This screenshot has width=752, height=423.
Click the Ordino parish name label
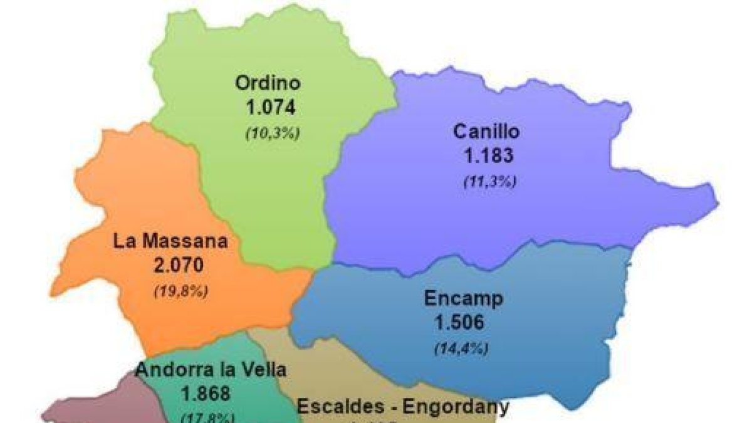pyautogui.click(x=268, y=83)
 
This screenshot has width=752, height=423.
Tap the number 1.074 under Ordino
pyautogui.click(x=270, y=107)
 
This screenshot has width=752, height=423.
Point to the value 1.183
pyautogui.click(x=488, y=156)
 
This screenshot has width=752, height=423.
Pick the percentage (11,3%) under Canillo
pyautogui.click(x=489, y=182)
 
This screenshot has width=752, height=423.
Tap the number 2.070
pyautogui.click(x=179, y=265)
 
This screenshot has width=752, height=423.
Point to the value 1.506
pyautogui.click(x=460, y=323)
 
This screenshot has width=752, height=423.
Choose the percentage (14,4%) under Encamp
pyautogui.click(x=461, y=348)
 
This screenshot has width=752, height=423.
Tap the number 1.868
pyautogui.click(x=206, y=394)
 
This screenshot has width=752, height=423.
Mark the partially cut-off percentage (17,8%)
pyautogui.click(x=207, y=417)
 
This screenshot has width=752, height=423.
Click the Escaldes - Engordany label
pyautogui.click(x=402, y=407)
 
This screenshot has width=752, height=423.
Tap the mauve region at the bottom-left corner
pyautogui.click(x=100, y=404)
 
